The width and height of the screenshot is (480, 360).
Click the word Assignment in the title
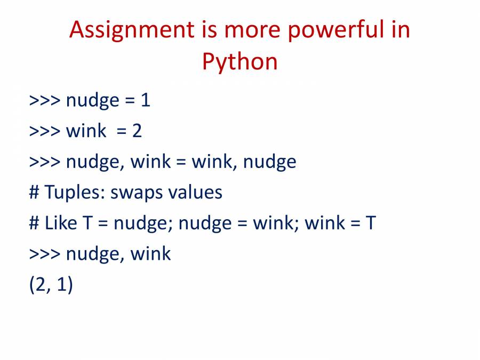point(132,30)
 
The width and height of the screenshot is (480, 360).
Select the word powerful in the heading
point(336,30)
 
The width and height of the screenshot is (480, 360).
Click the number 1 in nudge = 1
point(146,100)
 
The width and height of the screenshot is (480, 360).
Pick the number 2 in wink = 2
point(137,131)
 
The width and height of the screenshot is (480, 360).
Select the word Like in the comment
point(61,222)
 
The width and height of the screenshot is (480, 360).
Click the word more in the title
point(252,30)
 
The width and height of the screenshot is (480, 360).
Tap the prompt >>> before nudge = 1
point(45,100)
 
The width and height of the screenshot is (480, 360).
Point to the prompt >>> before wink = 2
point(45,131)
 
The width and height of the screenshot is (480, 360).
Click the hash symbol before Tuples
point(34,192)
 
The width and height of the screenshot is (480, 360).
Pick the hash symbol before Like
point(34,223)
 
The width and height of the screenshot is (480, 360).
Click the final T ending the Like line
point(371,222)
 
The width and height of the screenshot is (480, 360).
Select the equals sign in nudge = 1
point(130,101)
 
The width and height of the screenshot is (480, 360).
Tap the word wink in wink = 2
point(86,131)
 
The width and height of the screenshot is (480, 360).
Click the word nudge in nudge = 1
point(92,101)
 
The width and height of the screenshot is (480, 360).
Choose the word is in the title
point(210,30)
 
